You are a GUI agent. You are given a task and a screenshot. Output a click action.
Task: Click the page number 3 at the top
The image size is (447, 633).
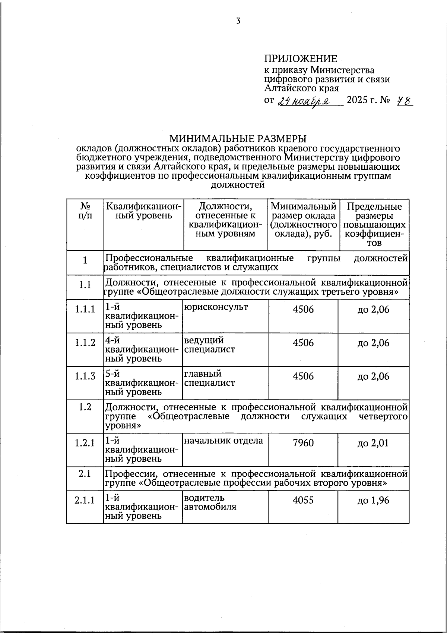(x=238, y=21)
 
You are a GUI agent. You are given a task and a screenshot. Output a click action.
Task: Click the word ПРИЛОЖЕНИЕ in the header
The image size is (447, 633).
(x=301, y=59)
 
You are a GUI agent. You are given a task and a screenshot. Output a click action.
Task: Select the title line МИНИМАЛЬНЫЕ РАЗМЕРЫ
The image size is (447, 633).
(x=238, y=139)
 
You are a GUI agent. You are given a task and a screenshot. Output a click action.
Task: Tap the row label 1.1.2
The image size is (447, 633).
(x=85, y=343)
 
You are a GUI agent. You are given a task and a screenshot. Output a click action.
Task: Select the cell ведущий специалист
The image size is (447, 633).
(x=209, y=345)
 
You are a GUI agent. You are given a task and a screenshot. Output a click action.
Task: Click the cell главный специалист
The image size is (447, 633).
(x=209, y=378)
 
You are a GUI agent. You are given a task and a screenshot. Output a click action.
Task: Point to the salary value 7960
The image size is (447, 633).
(x=303, y=443)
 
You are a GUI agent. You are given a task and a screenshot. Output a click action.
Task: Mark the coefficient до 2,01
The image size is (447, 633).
(x=373, y=443)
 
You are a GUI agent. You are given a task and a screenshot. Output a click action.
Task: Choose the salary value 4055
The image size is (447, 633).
(x=303, y=500)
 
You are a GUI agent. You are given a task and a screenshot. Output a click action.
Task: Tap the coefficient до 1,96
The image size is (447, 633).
(x=373, y=500)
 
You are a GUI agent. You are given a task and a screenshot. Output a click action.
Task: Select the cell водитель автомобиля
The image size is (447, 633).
(x=210, y=502)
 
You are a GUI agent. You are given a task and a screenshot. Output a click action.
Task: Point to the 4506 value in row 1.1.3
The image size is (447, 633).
(x=303, y=376)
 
